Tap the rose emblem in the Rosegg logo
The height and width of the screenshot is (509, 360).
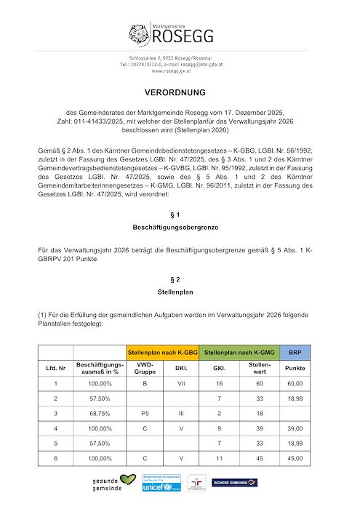[x=140, y=33]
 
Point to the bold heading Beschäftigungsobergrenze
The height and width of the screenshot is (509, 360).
[x=179, y=228]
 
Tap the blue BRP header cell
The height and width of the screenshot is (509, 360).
[x=295, y=352]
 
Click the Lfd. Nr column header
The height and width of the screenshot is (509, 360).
[x=56, y=367]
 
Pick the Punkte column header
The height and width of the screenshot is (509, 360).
[x=295, y=367]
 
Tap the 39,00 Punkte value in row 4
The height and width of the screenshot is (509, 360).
[x=295, y=428]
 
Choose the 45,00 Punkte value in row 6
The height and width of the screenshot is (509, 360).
[x=295, y=459]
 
